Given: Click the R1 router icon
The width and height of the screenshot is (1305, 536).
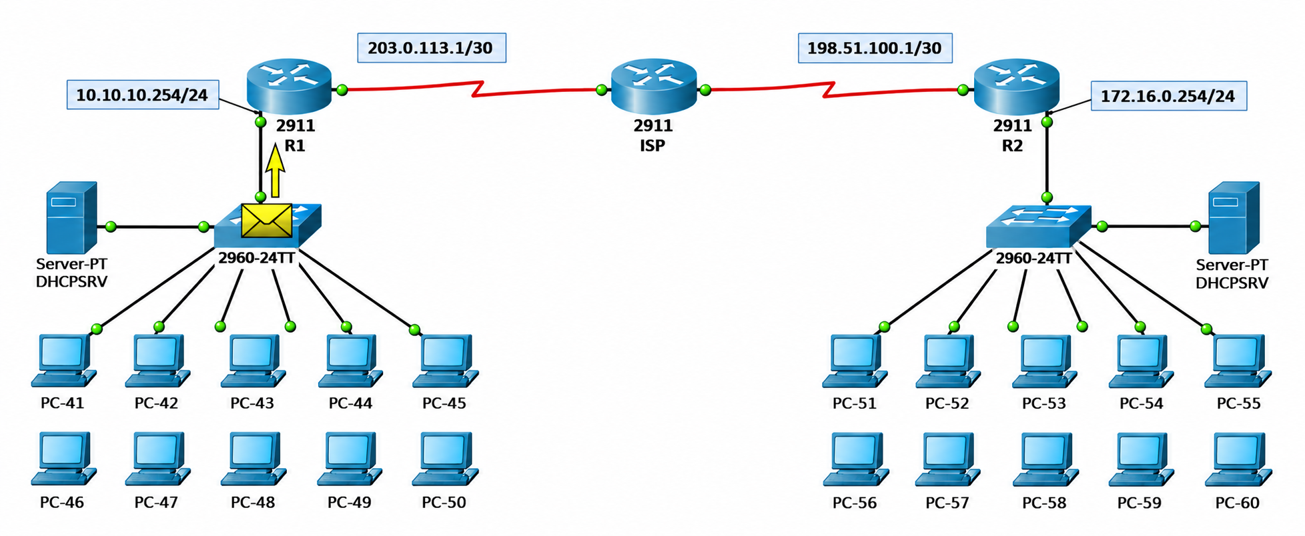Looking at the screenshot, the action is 289,85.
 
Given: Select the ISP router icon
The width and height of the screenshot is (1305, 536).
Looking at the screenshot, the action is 653,85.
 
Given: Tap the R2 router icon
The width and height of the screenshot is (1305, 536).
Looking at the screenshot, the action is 1016,85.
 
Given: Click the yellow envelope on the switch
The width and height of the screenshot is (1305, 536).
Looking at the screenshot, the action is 266,220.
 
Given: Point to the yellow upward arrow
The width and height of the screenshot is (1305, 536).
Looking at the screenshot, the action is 275,172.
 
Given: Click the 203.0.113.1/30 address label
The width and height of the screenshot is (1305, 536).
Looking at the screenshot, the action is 432,48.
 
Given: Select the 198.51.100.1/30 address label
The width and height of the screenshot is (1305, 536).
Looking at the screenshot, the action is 875,48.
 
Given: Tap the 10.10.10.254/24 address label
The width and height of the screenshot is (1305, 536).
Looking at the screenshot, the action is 143,95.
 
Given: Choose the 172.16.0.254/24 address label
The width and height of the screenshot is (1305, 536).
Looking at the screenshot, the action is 1168,96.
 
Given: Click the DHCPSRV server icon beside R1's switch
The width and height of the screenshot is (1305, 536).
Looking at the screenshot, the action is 71,217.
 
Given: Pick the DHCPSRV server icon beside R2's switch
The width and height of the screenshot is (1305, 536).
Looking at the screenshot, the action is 1234,217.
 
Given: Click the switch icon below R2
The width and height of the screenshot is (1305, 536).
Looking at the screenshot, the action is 1038,227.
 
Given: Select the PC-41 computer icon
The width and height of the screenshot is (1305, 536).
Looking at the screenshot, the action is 63,361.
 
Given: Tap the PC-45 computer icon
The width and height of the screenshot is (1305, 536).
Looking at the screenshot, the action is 446,361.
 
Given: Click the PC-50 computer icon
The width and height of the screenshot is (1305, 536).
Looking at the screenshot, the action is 446,459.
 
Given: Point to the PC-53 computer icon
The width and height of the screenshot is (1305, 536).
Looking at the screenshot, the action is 1045,361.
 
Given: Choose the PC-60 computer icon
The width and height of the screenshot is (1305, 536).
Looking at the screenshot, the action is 1238,459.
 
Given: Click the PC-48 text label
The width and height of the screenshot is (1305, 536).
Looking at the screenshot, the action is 253,502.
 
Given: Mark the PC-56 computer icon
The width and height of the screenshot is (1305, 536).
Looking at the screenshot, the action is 855,459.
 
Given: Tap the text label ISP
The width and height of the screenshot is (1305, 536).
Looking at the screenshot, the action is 652,145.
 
